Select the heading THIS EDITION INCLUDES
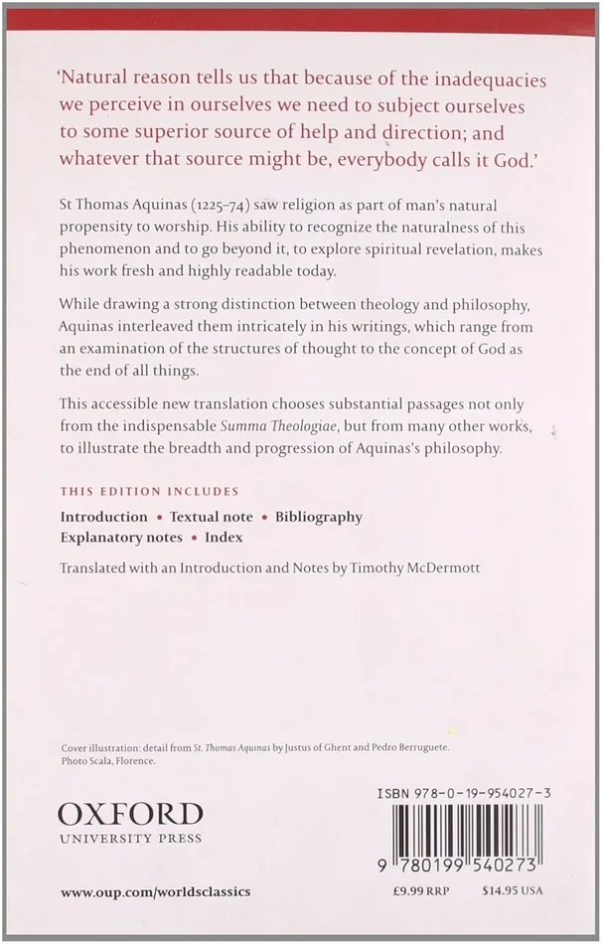149,491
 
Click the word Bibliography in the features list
318,517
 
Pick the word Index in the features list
224,538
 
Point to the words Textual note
210,517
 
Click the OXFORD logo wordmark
129,815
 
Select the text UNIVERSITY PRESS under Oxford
129,839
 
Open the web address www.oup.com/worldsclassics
155,892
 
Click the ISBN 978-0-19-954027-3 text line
458,791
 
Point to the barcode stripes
467,834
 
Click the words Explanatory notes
121,538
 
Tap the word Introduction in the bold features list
103,517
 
